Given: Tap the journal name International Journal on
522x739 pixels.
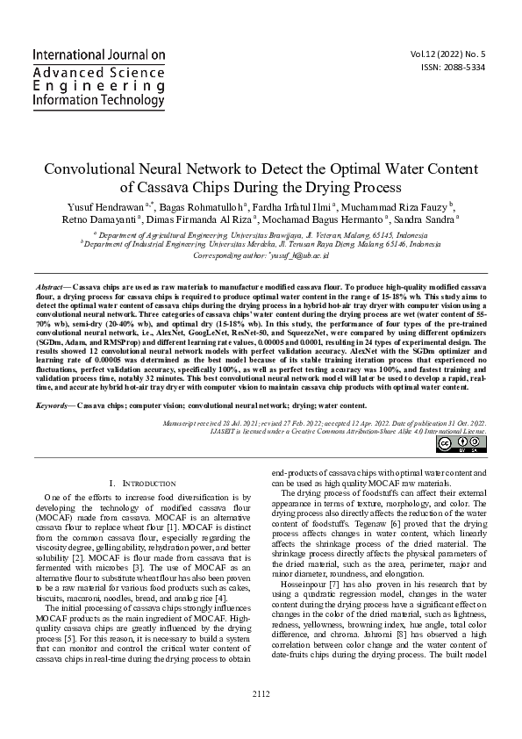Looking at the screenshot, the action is tap(98, 54).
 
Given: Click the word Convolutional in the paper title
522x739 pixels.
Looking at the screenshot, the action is tap(91, 169).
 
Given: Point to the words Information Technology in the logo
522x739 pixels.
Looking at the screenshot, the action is tap(98, 101).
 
